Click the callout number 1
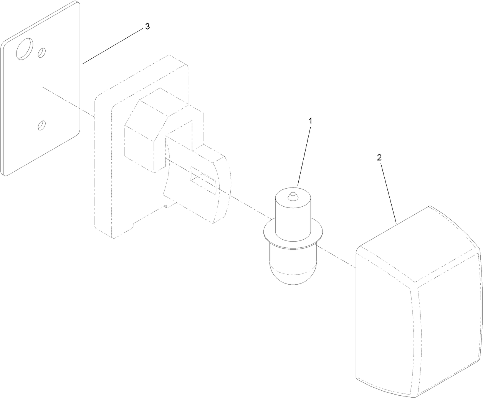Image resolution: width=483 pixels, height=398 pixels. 310,121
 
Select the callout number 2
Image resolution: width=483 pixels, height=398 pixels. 379,158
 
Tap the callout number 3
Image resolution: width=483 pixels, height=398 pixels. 147,27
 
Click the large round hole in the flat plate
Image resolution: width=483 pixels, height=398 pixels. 25,49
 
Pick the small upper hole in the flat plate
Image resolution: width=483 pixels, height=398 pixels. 41,53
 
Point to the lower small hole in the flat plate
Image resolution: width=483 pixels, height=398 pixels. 41,125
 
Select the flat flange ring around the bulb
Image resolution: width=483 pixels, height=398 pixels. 293,234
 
